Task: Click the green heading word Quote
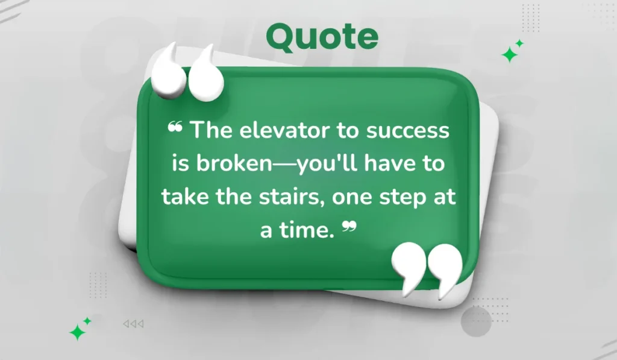tap(322, 37)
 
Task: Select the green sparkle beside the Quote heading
tap(512, 53)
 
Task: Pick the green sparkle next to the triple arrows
tap(79, 329)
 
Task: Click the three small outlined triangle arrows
tap(134, 324)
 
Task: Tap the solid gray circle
tap(476, 321)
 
